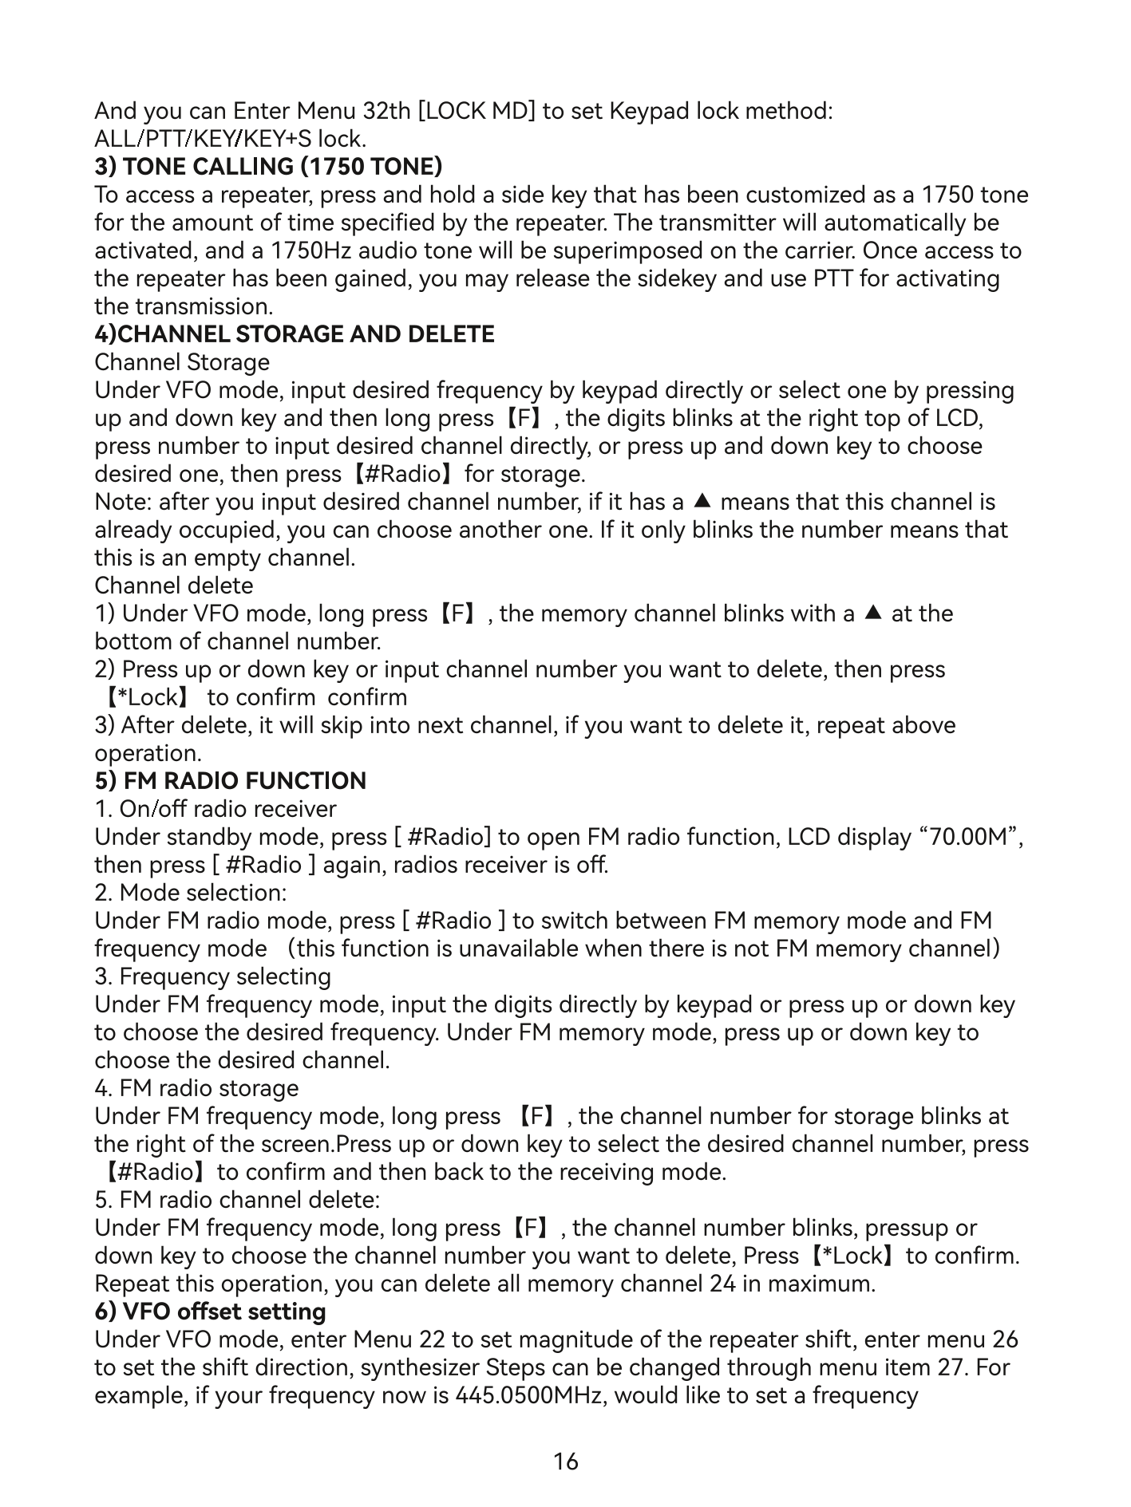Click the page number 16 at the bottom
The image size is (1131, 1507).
pos(565,1462)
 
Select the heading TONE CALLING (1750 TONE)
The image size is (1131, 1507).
pos(268,167)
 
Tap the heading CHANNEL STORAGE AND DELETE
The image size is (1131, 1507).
pos(295,334)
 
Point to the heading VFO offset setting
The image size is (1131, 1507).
pos(210,1312)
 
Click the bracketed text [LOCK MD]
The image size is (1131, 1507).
pos(477,111)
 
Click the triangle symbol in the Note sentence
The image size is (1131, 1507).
pos(702,502)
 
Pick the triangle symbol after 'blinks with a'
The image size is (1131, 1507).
pos(873,613)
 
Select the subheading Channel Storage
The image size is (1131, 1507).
pos(182,362)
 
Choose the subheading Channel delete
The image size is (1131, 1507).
pos(174,586)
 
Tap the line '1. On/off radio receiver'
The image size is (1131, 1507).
pos(216,809)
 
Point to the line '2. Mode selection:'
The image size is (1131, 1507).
pos(191,893)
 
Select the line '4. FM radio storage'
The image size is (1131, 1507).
pos(196,1088)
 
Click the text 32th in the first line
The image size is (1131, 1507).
pos(386,111)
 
